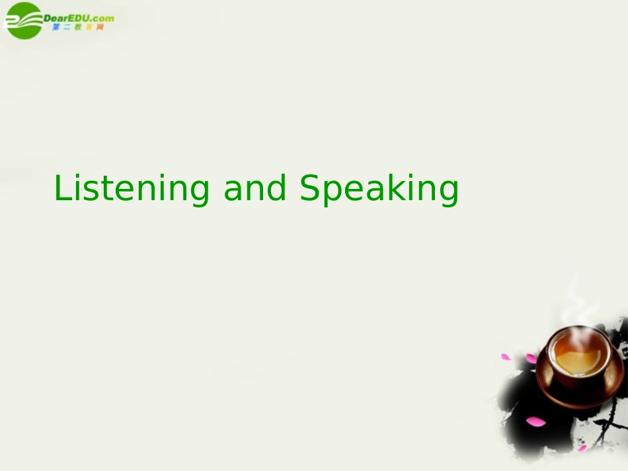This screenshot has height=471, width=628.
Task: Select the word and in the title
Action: tap(255, 188)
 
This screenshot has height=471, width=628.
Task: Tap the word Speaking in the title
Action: tap(379, 189)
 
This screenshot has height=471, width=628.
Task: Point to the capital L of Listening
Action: tap(61, 188)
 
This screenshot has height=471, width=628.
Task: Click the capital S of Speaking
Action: tap(309, 188)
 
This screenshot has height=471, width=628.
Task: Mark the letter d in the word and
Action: tap(277, 188)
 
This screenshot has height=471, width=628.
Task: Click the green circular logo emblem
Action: tap(23, 20)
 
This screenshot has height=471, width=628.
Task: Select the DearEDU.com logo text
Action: tap(78, 18)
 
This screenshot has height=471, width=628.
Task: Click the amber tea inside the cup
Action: tap(578, 357)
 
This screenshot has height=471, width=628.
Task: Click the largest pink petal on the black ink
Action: tap(535, 421)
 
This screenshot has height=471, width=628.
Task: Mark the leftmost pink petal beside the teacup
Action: tap(506, 357)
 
